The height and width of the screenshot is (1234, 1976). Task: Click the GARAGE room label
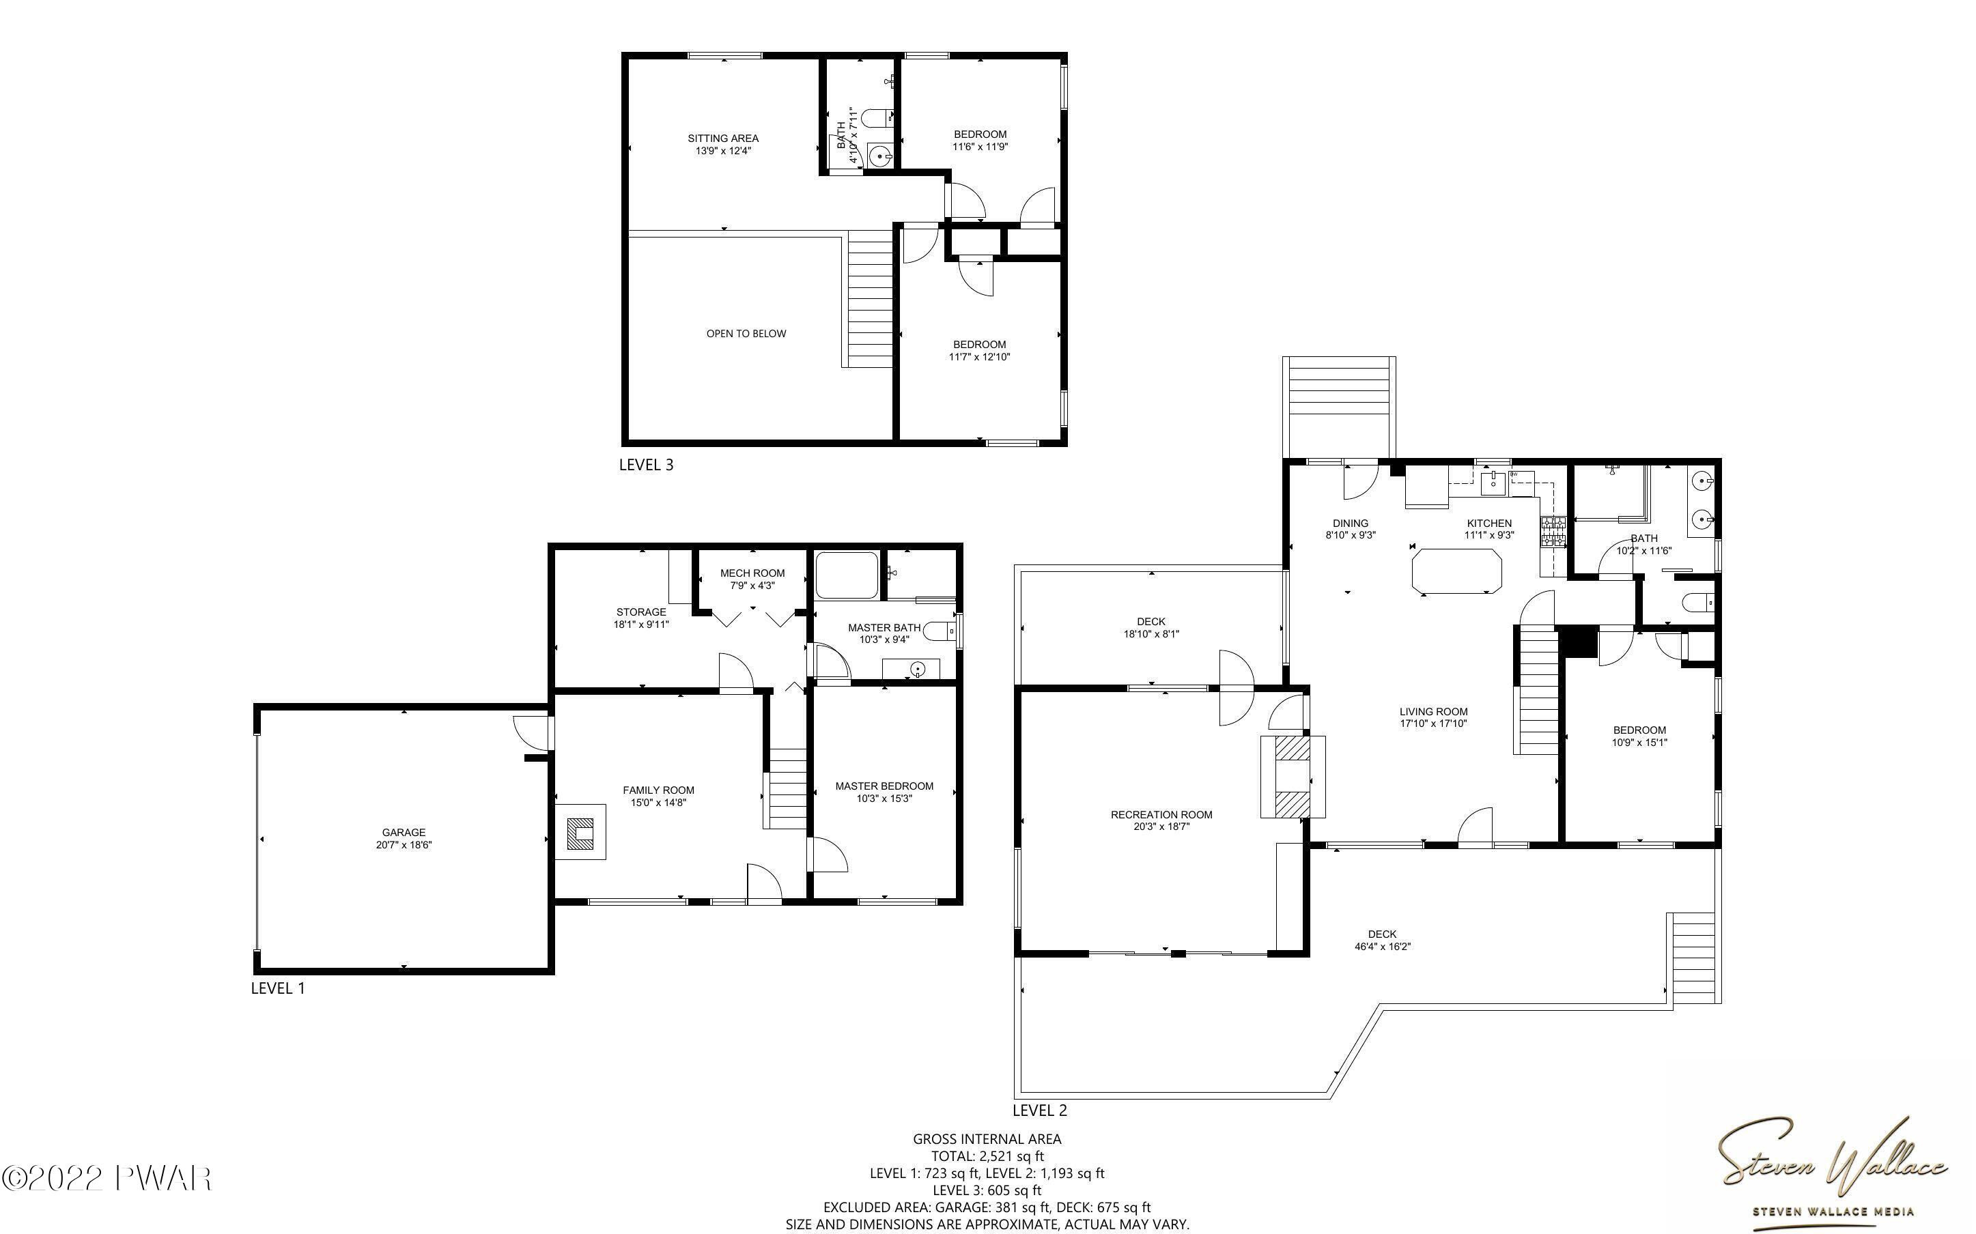pos(404,833)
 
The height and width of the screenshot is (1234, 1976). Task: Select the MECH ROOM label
pos(752,573)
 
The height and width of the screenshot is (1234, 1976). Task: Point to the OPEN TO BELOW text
pos(746,333)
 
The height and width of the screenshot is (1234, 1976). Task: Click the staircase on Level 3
pos(870,299)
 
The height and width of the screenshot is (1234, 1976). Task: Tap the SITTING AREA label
pos(722,138)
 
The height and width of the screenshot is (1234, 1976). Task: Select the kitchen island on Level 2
pos(1456,571)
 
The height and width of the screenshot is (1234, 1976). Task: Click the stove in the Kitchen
pos(1553,532)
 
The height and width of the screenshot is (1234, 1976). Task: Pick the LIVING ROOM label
pos(1433,711)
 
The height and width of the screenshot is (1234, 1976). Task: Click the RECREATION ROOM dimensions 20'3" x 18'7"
pos(1161,827)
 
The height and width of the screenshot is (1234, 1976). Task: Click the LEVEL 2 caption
pos(1040,1110)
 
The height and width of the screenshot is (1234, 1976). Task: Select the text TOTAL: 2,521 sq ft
pos(987,1156)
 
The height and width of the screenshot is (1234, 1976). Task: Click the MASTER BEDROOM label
pos(884,786)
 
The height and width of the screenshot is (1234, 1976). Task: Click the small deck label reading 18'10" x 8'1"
pos(1151,633)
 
